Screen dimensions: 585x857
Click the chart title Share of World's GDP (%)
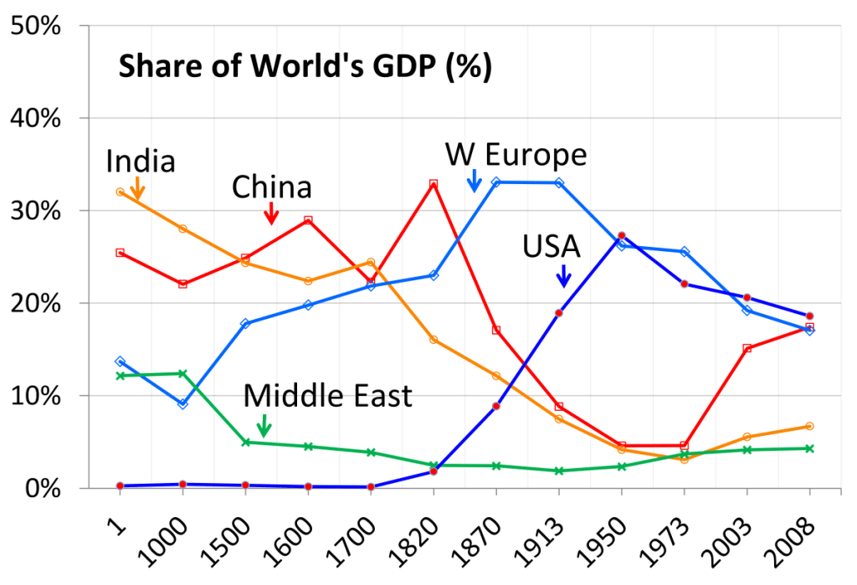[x=305, y=66]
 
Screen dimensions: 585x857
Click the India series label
[x=141, y=160]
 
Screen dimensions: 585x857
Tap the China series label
[x=272, y=187]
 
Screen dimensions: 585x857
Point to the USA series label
[x=552, y=246]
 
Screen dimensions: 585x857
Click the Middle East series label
[x=328, y=395]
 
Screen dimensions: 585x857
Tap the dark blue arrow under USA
[x=563, y=275]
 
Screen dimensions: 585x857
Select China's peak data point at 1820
[x=434, y=184]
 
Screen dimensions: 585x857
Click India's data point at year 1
[x=121, y=192]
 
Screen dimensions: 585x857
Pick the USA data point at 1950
[x=622, y=235]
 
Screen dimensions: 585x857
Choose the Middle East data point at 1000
[x=182, y=373]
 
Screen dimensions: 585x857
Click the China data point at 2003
[x=747, y=348]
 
